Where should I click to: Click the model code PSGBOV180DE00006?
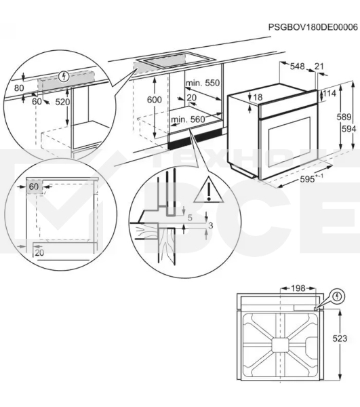313,27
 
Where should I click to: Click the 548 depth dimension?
297,66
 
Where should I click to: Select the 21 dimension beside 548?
319,66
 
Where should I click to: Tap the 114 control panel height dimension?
329,93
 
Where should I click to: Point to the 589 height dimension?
344,117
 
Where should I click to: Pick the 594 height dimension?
348,129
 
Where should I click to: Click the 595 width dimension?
308,179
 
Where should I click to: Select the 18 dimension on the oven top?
258,97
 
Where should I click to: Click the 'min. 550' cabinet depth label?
203,83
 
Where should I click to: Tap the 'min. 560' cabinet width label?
188,119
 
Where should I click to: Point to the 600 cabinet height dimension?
155,100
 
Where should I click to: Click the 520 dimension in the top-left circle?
62,102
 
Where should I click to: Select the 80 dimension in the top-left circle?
19,88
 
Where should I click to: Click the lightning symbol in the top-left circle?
64,77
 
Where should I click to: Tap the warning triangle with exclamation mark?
209,190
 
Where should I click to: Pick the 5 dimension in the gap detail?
190,218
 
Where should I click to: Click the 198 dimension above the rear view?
298,288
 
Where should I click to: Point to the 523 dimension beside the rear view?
340,338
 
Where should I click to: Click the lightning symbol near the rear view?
337,296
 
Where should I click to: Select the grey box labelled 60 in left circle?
34,187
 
